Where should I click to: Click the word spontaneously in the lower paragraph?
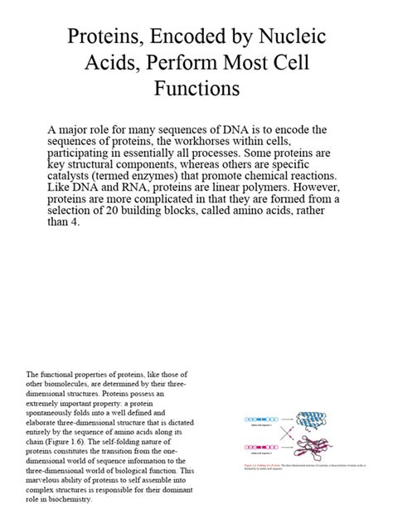[51, 412]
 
